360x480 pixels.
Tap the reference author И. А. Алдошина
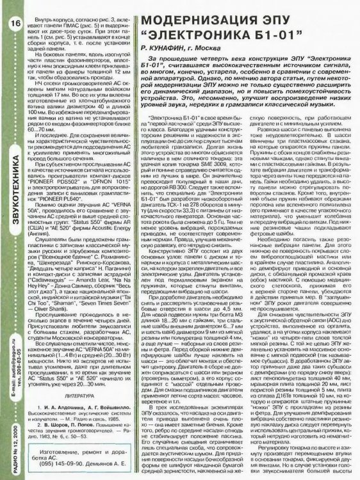tap(65, 406)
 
